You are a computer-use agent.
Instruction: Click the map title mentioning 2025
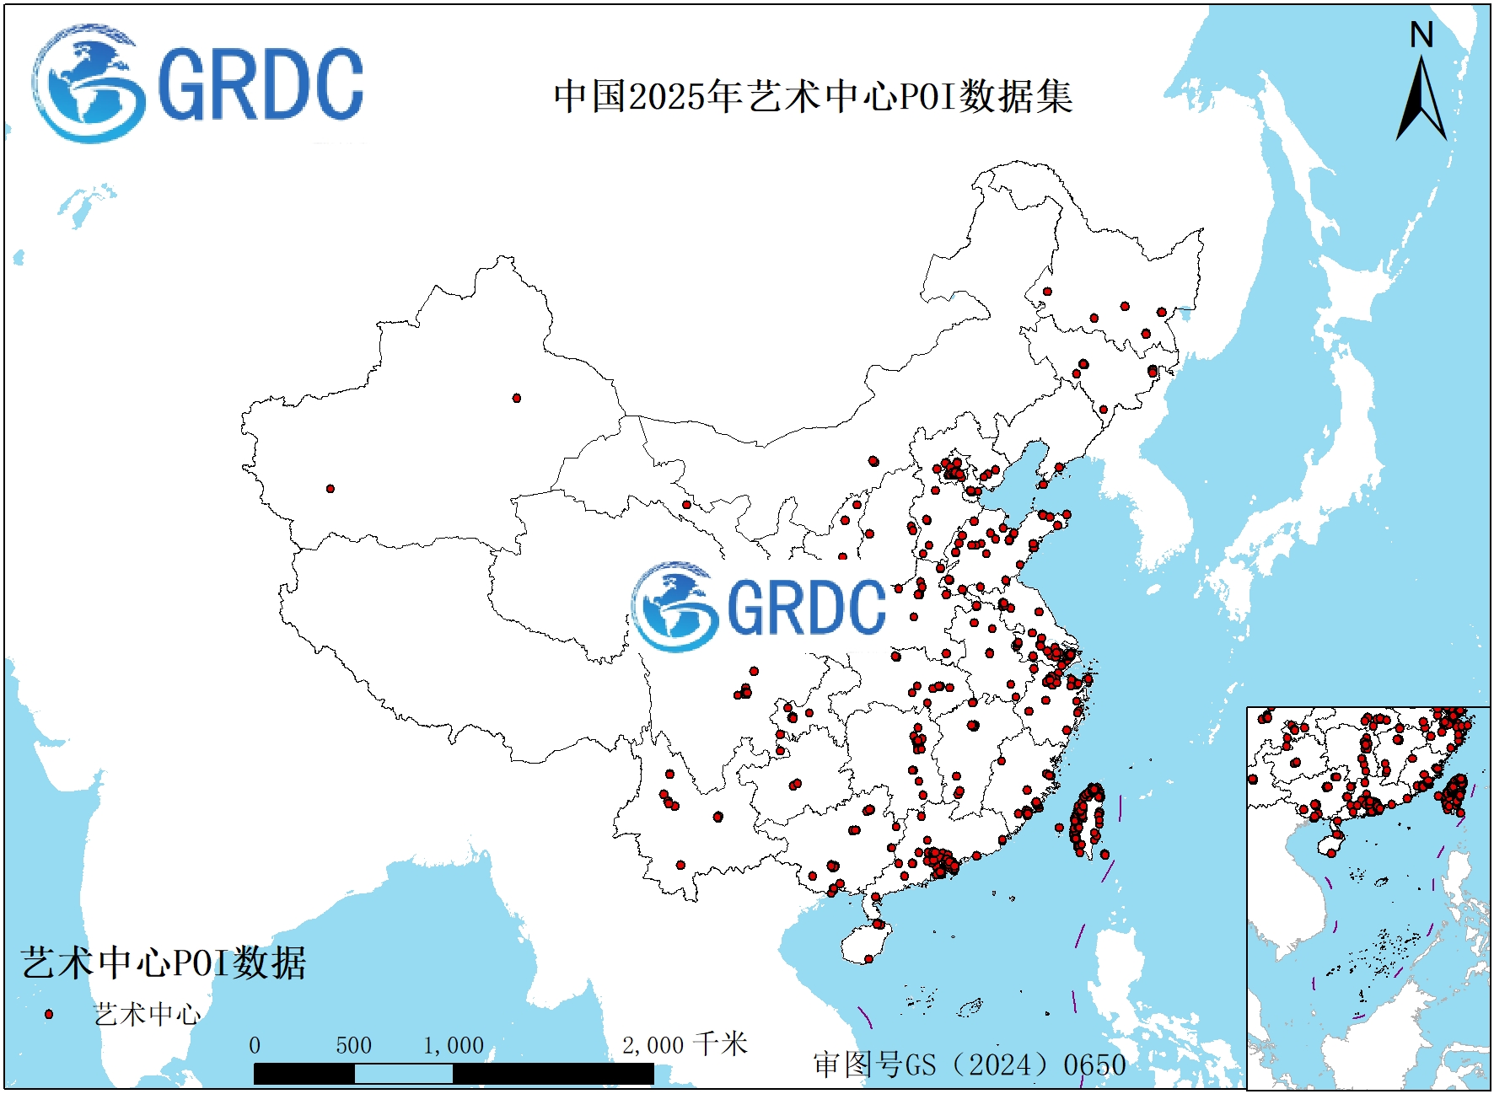point(813,96)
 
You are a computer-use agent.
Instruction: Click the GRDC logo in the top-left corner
point(198,83)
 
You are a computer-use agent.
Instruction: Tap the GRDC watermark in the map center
point(760,606)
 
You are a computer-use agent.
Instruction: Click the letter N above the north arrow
point(1421,35)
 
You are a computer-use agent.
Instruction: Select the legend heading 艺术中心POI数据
point(164,963)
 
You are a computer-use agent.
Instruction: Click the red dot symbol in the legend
point(49,1014)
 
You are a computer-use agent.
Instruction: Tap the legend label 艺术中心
point(147,1014)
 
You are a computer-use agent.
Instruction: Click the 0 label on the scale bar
point(255,1046)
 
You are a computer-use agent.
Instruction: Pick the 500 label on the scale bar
point(353,1046)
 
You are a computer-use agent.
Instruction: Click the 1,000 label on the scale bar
point(454,1046)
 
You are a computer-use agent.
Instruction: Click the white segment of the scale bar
point(403,1074)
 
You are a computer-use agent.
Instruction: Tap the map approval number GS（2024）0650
point(970,1065)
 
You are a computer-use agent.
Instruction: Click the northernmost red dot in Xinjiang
point(517,398)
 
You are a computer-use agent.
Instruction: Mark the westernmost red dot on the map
point(331,489)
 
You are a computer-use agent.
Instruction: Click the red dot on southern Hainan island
point(868,958)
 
